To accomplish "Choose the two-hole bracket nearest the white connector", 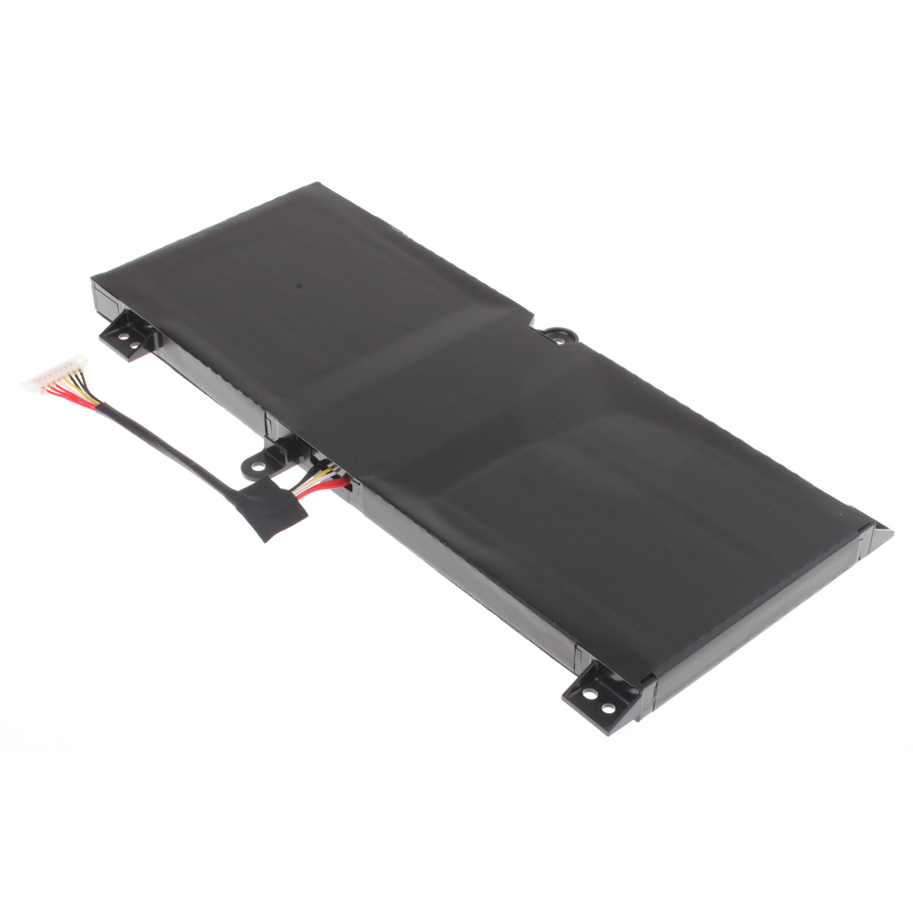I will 130,333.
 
